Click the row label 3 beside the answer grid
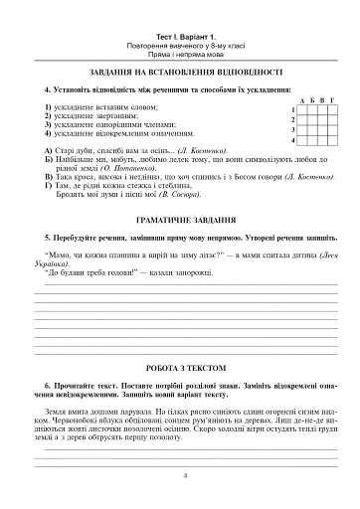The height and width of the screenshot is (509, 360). [x=292, y=130]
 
